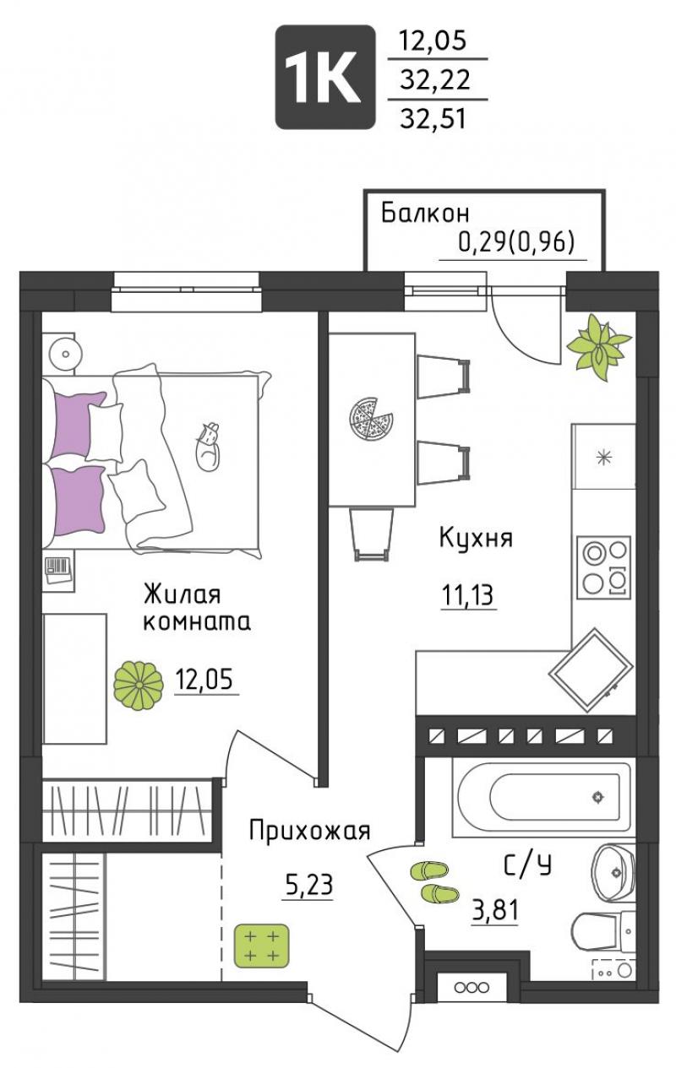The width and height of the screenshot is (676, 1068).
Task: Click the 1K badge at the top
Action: [x=325, y=77]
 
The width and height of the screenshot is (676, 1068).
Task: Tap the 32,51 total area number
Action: [x=433, y=118]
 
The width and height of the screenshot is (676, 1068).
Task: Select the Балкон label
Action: [x=425, y=214]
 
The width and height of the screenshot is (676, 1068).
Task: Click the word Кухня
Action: [x=476, y=538]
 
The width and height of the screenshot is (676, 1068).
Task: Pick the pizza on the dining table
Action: [x=371, y=419]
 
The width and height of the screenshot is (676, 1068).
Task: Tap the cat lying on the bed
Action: [x=208, y=447]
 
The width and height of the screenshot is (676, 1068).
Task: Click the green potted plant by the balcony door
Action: [x=598, y=348]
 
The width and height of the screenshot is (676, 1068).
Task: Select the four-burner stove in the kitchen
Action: [x=603, y=567]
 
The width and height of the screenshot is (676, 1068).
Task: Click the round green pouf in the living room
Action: [x=139, y=686]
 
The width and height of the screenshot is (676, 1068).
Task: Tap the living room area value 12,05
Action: [x=204, y=679]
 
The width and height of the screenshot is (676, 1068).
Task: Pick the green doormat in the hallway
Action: [x=261, y=946]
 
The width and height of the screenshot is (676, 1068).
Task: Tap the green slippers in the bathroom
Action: [x=434, y=881]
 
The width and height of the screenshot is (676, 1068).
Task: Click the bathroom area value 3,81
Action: [x=495, y=910]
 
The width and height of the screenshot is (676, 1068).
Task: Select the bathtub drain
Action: [x=597, y=797]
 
